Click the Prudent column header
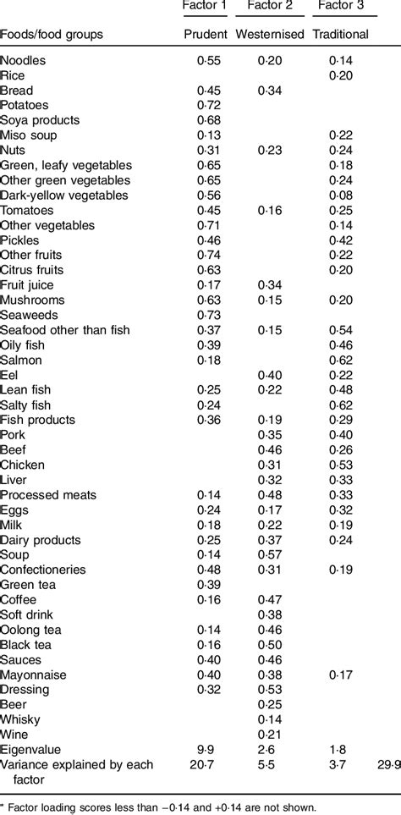(x=206, y=35)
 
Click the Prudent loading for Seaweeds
(x=208, y=315)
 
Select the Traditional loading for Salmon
(x=341, y=360)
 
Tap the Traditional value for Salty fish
(x=341, y=405)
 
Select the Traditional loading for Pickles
(x=341, y=240)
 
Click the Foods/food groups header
(x=52, y=35)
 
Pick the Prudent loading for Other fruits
(x=208, y=255)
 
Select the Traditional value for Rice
(x=341, y=75)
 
